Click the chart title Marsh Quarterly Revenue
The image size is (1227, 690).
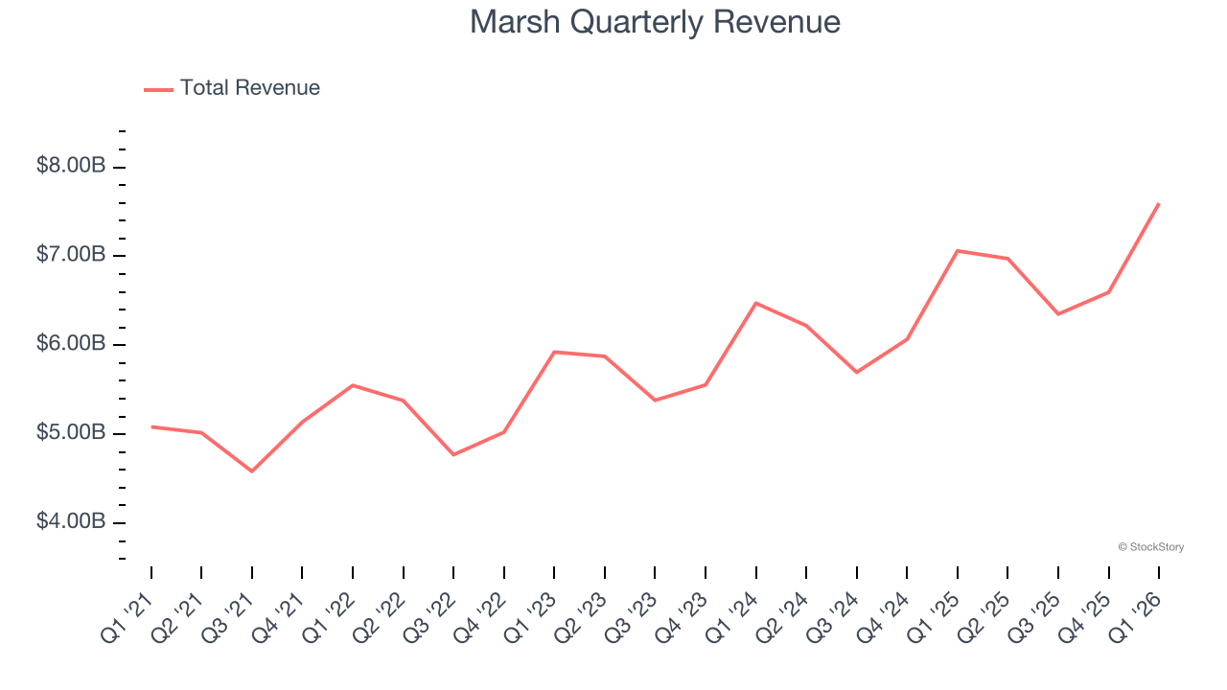click(655, 22)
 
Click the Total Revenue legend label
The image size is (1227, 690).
click(249, 88)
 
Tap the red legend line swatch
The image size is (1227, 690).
click(158, 89)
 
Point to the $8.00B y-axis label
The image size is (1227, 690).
click(71, 166)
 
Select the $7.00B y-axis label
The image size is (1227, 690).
click(71, 255)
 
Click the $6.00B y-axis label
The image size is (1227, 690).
click(71, 344)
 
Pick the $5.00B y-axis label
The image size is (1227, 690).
click(71, 433)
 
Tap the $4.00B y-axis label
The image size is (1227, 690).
click(71, 522)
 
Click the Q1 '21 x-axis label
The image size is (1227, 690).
click(128, 616)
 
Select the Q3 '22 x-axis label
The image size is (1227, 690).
click(430, 616)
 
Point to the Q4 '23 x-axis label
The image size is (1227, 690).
click(683, 616)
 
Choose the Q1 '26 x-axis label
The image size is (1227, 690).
click(1136, 616)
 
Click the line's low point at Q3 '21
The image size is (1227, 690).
click(252, 471)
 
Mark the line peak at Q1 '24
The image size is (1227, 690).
click(756, 303)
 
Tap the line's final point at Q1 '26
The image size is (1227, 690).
click(1159, 203)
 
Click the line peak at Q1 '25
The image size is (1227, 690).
click(958, 251)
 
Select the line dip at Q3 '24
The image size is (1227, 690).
click(856, 372)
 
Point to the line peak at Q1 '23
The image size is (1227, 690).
click(555, 352)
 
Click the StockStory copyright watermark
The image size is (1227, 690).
click(1150, 547)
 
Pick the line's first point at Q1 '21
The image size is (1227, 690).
click(151, 426)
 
